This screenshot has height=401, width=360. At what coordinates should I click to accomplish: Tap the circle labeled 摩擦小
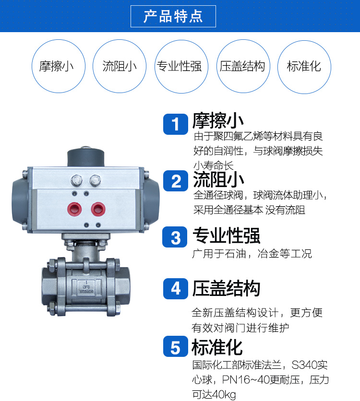coord(56,66)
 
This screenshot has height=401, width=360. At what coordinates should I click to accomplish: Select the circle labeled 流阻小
coord(120,66)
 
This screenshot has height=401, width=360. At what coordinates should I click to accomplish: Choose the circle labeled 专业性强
coord(180,66)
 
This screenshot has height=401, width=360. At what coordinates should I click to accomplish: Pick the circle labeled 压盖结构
coord(242,66)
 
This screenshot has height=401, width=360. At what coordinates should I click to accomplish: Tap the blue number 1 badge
coord(176,125)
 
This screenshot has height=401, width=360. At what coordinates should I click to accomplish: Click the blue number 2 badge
coord(176,182)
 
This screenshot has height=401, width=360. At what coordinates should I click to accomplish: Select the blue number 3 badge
coord(176,237)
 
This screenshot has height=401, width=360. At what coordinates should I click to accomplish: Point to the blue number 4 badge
coord(176,289)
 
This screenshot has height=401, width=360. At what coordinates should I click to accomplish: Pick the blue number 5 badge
coord(176,347)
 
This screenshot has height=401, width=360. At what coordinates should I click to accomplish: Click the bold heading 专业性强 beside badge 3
coord(226,236)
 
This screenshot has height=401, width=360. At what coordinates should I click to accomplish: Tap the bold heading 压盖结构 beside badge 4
coord(226,289)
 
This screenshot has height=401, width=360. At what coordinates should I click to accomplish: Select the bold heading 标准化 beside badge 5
coord(217,347)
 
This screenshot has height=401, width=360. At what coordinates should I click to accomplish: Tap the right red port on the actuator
coord(99,209)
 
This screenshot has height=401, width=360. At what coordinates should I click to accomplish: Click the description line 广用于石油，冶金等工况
coord(252,254)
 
